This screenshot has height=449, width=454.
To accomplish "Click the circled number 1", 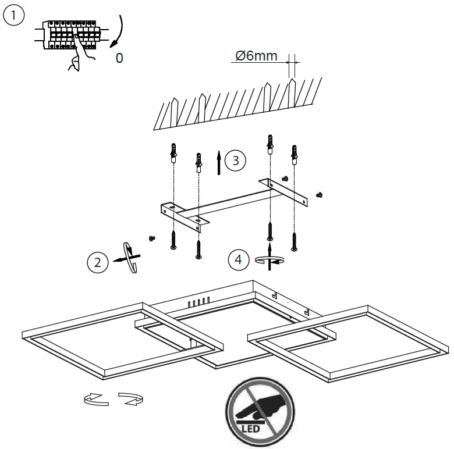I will [x=14, y=16].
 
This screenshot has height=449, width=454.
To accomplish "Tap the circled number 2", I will [x=97, y=262].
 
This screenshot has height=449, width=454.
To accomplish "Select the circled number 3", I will [x=235, y=161].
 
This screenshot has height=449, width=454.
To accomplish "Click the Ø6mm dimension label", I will [x=256, y=56].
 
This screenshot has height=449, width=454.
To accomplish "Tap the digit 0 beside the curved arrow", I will [x=119, y=58].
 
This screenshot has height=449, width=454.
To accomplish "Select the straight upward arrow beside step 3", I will [x=219, y=162].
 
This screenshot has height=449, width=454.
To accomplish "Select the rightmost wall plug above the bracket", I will [x=295, y=155].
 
